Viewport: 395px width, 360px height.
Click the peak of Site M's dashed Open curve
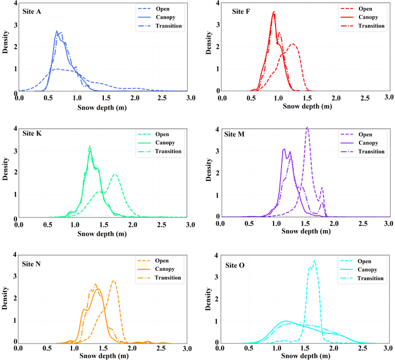point(307,127)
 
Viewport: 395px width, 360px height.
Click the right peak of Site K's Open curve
point(115,174)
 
